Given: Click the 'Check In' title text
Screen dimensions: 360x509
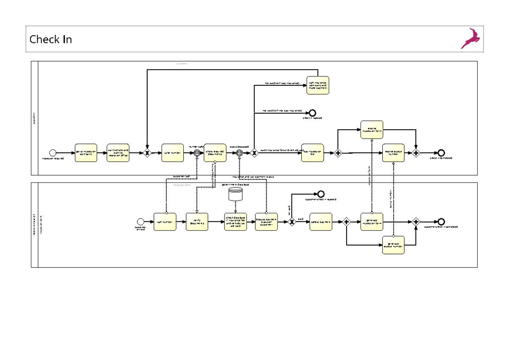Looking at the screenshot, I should (50, 39).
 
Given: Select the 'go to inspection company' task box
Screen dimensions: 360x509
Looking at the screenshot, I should (86, 153).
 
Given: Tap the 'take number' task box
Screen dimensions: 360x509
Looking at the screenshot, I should (173, 153).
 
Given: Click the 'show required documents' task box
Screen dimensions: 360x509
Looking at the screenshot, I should (215, 153).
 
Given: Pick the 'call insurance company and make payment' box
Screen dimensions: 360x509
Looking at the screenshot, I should (318, 85).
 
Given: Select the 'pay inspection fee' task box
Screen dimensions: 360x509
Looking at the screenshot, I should (313, 153).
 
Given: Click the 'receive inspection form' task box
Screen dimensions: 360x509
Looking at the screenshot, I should (372, 129).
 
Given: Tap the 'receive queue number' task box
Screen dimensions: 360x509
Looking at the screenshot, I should (393, 153).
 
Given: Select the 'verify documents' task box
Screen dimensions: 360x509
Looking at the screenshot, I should (197, 222).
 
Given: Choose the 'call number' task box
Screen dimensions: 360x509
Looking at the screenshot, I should (165, 222).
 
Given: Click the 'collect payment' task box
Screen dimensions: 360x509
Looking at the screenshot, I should (321, 222).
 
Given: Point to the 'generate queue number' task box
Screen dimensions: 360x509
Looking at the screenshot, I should (393, 245).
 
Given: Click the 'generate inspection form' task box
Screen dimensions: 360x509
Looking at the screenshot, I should (372, 222).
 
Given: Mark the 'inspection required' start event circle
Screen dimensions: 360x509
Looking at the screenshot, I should (53, 153).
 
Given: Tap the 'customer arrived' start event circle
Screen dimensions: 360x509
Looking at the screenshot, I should (141, 221).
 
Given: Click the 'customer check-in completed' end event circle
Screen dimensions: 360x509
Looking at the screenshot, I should (441, 222).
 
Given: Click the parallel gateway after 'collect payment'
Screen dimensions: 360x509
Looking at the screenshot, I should (347, 222).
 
